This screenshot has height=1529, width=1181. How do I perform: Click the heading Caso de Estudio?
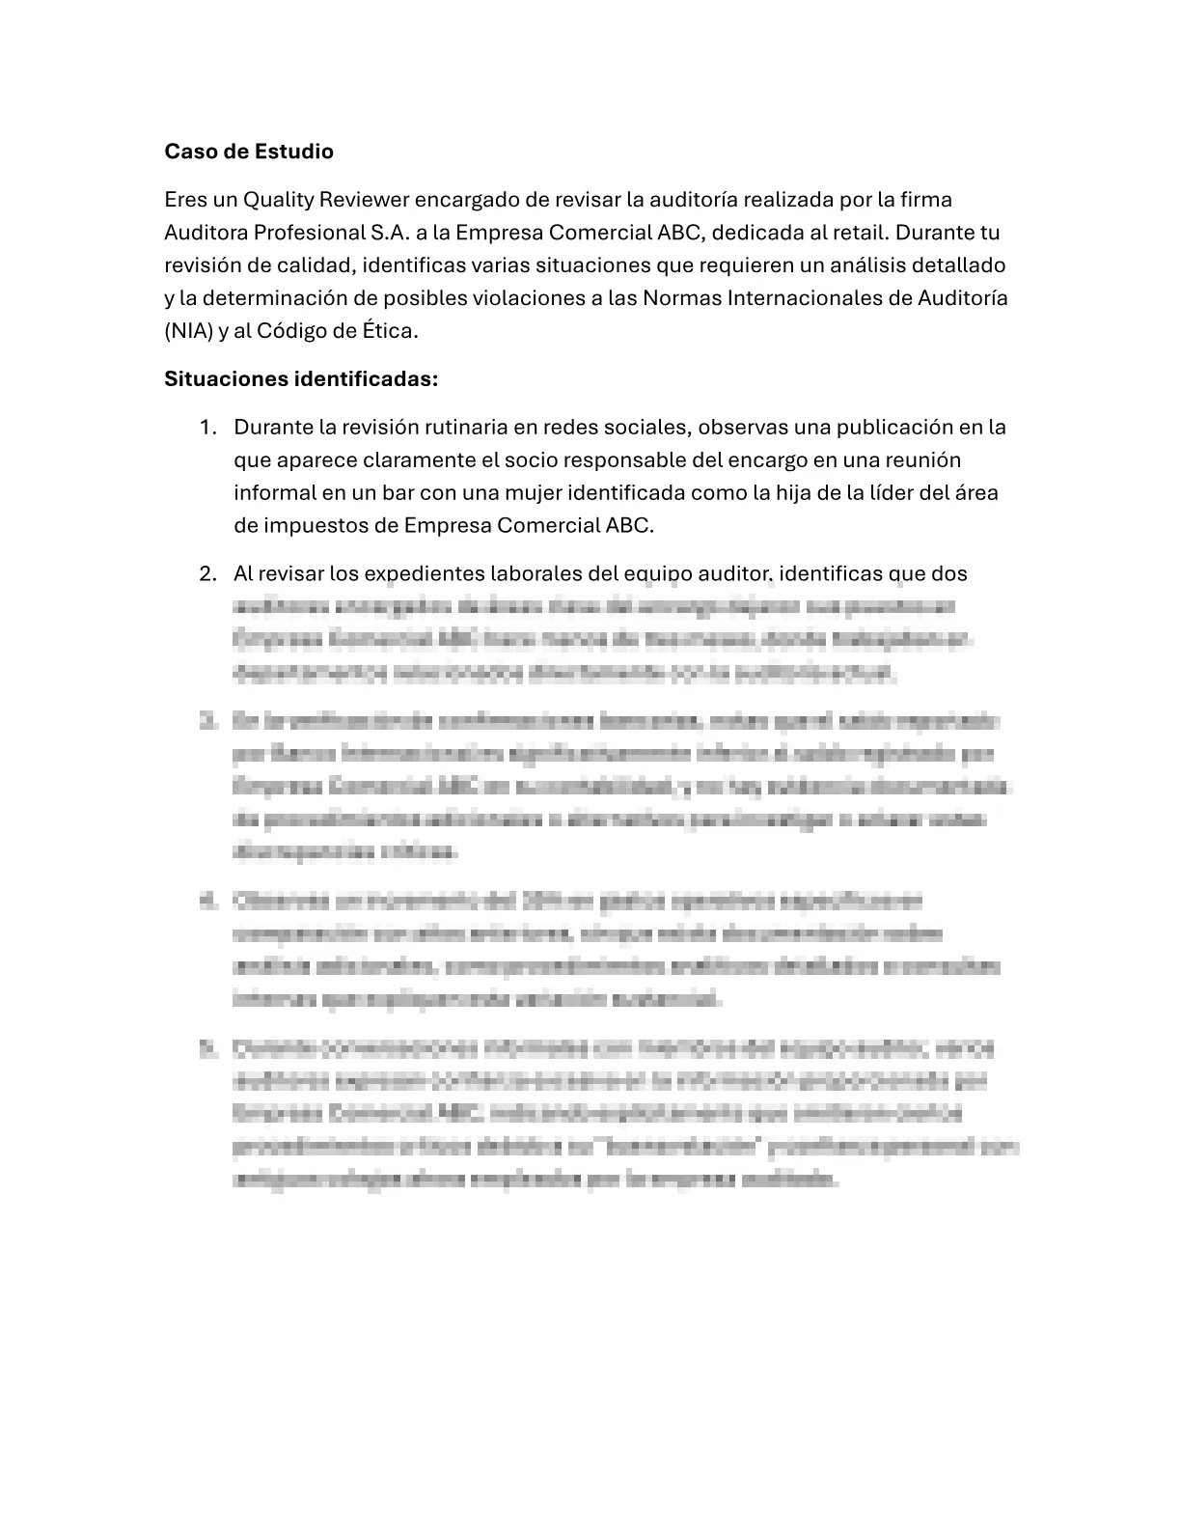point(249,152)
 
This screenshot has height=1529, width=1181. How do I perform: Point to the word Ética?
point(390,331)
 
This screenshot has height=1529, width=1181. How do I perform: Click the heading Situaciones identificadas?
point(301,379)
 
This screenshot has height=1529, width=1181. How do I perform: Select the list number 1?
point(206,428)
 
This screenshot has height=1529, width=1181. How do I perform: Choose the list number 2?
point(206,574)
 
